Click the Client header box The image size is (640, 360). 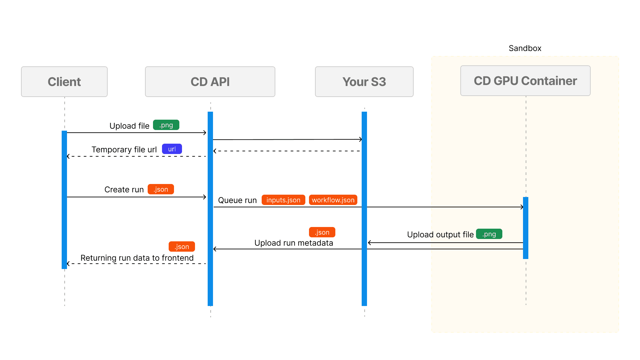coord(64,82)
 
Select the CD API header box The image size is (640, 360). coord(210,82)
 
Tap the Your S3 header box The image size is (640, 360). coord(364,82)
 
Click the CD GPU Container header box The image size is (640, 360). coord(525,81)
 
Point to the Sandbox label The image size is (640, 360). coord(525,48)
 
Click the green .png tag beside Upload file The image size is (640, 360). coord(166,125)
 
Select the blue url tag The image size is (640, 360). coord(172,149)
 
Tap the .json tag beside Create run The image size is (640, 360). coord(161,189)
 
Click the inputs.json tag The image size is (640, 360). coord(283,200)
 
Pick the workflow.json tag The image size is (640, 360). coord(333,200)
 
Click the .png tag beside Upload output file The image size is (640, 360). coord(489,234)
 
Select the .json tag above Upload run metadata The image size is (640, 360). coord(322,232)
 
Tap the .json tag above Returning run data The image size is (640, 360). coord(182,247)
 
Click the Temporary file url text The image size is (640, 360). coord(124,150)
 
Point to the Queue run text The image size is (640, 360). coord(237,200)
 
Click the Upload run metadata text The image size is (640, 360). coord(294,243)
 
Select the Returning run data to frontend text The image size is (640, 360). coord(137,258)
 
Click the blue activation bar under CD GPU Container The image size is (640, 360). coord(526,228)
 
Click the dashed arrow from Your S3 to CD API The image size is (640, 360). coord(287,151)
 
